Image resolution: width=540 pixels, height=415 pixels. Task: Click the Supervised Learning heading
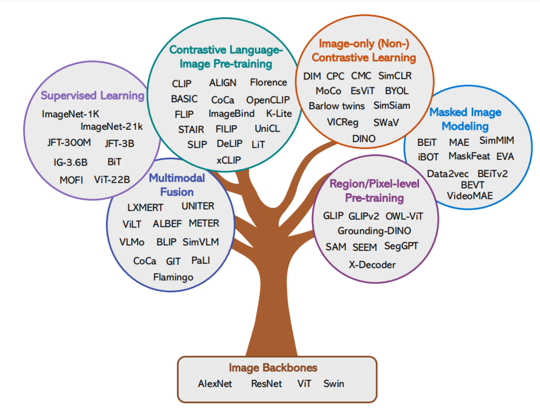coord(93,96)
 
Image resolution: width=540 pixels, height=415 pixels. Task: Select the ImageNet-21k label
coord(112,127)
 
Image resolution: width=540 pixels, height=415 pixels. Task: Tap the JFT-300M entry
coord(69,143)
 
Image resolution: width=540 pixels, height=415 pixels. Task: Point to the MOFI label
coord(71,180)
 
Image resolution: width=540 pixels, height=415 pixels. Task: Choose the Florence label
coord(268,83)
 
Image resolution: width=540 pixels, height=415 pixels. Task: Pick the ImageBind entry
coord(231,114)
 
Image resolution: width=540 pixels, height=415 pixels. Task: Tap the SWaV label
coord(386,122)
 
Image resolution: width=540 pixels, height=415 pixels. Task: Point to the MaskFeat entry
coord(469,156)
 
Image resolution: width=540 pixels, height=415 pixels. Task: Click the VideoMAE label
coord(470,195)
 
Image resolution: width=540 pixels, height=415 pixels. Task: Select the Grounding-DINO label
coord(374,231)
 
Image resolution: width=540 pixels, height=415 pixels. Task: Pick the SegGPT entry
coord(401,246)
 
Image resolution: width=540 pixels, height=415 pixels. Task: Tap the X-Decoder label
coord(372,265)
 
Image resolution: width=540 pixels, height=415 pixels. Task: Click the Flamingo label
coord(173,277)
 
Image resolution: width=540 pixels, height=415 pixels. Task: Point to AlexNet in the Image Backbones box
coord(214,384)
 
